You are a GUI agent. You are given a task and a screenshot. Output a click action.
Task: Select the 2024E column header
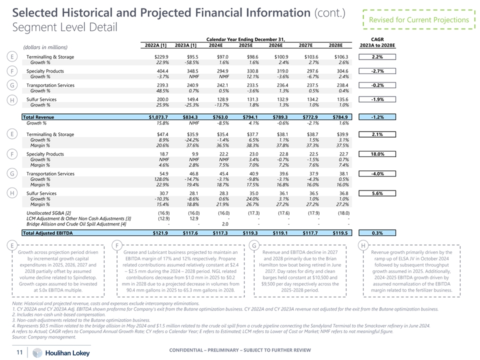click(215, 44)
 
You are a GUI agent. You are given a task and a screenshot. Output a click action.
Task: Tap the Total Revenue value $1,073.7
click(158, 117)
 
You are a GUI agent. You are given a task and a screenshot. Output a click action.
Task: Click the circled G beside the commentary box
click(254, 245)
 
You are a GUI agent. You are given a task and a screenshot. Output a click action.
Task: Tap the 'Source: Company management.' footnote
click(44, 337)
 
